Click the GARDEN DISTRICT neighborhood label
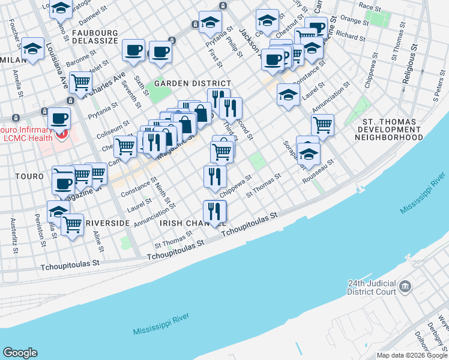point(192,83)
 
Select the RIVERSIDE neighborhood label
point(107,223)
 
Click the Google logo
point(20,353)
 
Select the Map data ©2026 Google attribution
point(411,355)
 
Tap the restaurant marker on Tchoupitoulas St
point(214,211)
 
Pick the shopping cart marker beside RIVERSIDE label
point(72,225)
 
